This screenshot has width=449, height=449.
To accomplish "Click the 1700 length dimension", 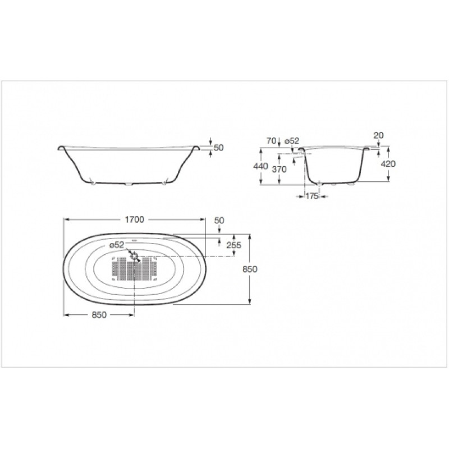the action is (134, 219).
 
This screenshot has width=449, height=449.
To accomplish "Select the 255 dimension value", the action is (233, 245).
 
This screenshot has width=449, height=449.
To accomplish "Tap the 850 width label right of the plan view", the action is (250, 269).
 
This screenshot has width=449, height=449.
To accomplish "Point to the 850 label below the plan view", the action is (99, 315).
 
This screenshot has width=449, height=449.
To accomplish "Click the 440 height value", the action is (260, 166).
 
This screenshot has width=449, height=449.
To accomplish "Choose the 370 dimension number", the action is (279, 169).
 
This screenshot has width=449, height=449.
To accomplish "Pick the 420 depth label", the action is (388, 164).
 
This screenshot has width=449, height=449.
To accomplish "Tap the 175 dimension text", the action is (311, 196).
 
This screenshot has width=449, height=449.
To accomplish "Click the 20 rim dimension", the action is (378, 135).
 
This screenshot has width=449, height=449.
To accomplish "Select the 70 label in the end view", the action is (271, 141).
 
